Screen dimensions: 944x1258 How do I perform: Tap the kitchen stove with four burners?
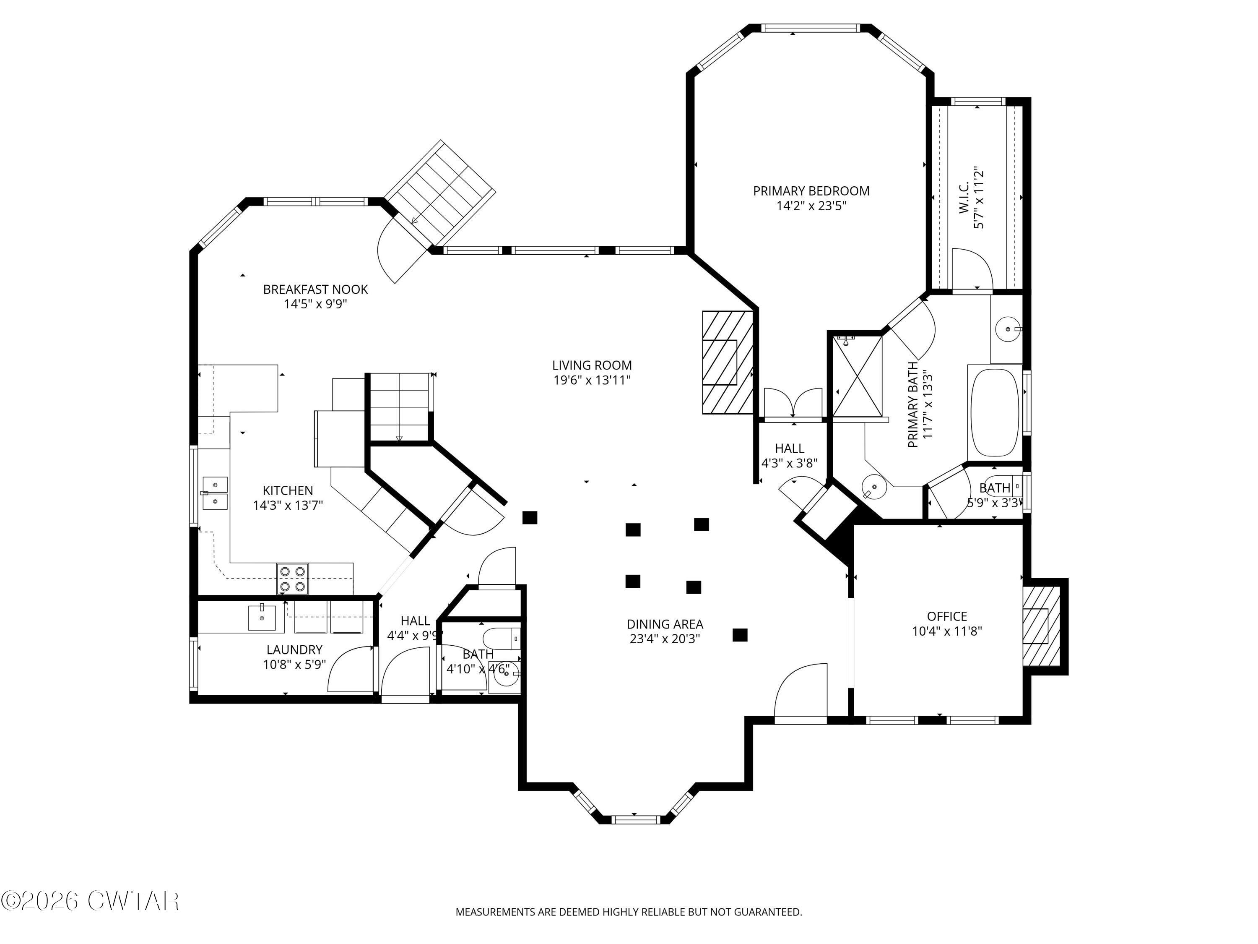[x=292, y=579]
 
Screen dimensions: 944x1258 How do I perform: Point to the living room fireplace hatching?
[x=728, y=362]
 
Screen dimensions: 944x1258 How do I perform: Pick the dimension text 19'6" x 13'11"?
[x=592, y=380]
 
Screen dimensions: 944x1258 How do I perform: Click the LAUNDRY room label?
[x=294, y=649]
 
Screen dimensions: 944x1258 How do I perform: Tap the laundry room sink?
[x=262, y=618]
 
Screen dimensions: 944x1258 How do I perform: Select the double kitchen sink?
[x=215, y=493]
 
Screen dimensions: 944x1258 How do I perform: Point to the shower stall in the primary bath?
[x=857, y=376]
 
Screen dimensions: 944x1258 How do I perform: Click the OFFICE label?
[x=947, y=616]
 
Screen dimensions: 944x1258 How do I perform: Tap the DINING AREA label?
[x=665, y=624]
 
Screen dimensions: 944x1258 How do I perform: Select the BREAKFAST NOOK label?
[x=315, y=289]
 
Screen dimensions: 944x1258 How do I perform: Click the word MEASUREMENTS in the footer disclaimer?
[x=495, y=912]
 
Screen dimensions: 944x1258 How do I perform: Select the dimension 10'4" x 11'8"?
[x=947, y=631]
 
